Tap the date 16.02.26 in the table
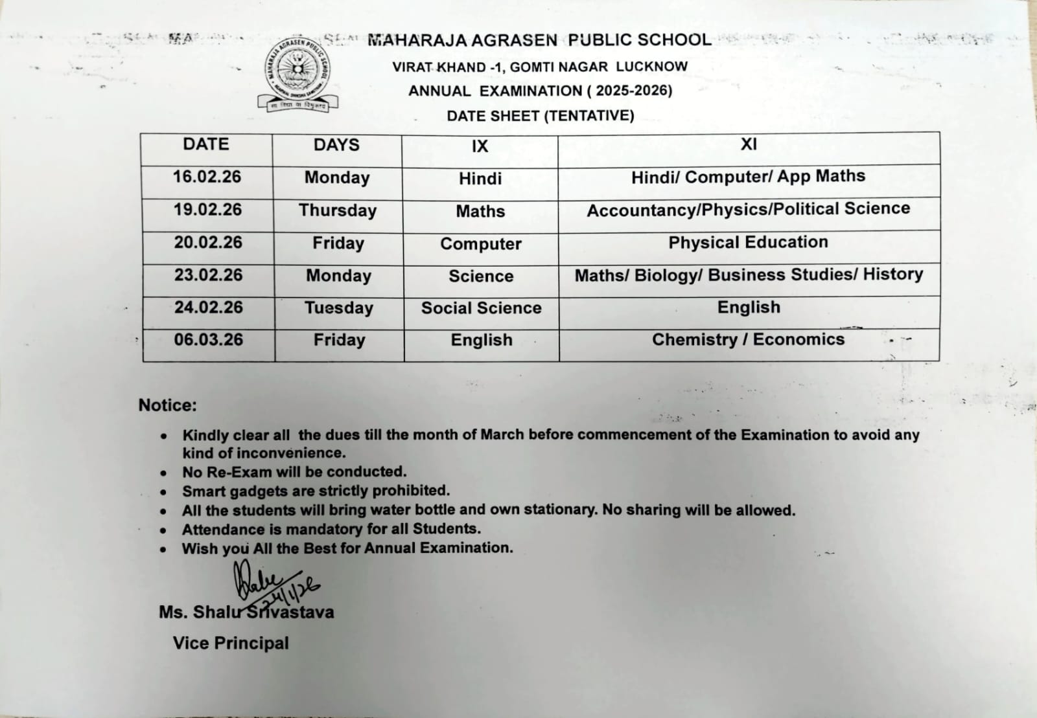tap(207, 177)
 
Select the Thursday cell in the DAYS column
tap(337, 210)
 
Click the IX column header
tap(480, 146)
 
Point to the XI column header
tap(749, 144)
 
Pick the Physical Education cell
tap(748, 242)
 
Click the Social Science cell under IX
tap(481, 308)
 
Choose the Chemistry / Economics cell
tap(748, 340)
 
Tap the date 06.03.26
tap(208, 340)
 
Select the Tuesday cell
tap(338, 308)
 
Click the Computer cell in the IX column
tap(480, 244)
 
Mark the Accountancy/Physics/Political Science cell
tap(748, 209)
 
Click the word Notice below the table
tap(167, 405)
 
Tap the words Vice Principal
tap(231, 643)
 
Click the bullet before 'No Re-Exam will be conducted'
tap(164, 473)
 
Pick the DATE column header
tap(205, 144)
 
